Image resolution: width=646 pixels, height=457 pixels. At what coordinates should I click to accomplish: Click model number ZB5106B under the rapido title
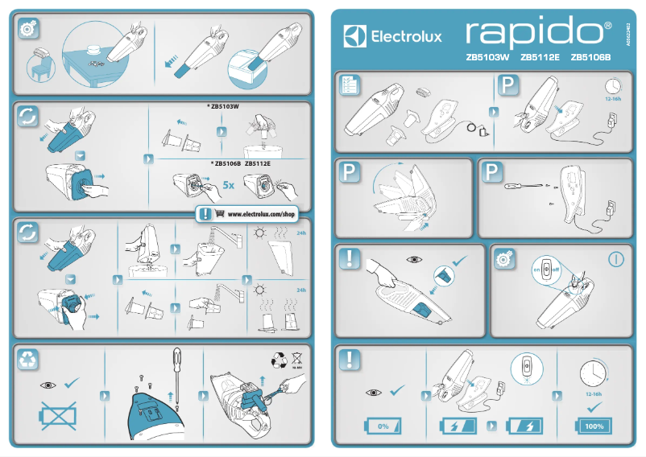click(x=591, y=57)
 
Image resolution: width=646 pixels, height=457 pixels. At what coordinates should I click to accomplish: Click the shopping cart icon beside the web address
click(x=220, y=215)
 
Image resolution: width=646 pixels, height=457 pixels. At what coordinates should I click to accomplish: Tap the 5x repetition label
click(x=229, y=186)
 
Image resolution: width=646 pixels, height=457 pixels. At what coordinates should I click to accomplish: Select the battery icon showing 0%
click(x=383, y=426)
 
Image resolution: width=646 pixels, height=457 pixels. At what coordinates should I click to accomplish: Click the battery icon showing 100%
click(x=594, y=426)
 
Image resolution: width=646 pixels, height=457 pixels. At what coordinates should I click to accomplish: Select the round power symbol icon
click(x=616, y=260)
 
